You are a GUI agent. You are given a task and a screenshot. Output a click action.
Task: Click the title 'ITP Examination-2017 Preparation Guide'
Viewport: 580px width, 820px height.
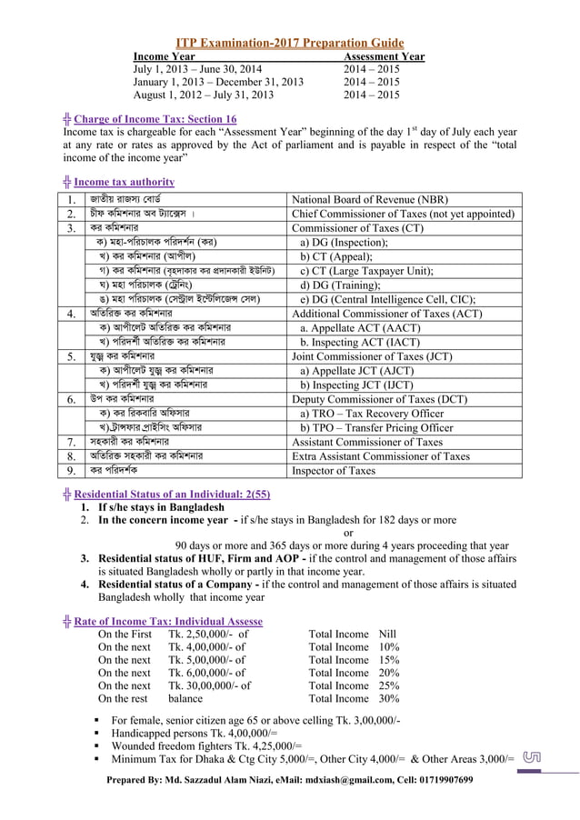[x=289, y=43]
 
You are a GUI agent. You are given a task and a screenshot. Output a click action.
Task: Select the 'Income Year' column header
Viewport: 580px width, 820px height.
[x=164, y=56]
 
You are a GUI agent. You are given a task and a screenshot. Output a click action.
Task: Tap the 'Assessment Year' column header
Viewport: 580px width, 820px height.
[x=384, y=56]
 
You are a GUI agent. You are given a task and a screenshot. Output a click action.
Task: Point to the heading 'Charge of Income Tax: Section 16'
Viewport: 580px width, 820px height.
[x=155, y=119]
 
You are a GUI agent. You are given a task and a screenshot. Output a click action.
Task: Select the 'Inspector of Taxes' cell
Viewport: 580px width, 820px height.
[x=333, y=471]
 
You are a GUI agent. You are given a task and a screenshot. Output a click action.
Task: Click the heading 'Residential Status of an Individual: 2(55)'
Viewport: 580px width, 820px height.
[x=172, y=494]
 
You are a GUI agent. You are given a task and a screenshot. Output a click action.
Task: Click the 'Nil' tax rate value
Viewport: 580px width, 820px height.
[x=387, y=634]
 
